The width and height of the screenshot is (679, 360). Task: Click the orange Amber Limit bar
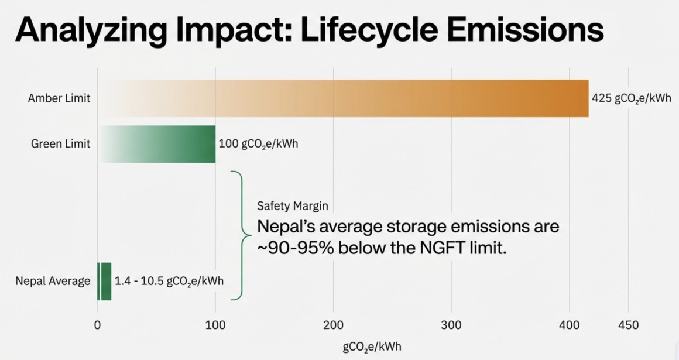coord(343,98)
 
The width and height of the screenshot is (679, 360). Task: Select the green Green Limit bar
coord(158,143)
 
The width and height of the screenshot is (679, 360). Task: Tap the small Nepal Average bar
coord(104,281)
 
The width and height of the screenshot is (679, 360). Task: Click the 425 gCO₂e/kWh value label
coord(632,98)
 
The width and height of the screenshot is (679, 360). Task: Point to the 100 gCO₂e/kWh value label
coord(258,143)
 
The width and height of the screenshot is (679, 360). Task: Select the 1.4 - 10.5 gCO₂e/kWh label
coord(169,281)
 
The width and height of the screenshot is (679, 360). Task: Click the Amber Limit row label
coord(59,98)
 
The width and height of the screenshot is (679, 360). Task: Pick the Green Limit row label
coord(61,143)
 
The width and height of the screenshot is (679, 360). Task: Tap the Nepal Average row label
coord(53,281)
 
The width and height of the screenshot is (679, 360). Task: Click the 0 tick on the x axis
coord(97,324)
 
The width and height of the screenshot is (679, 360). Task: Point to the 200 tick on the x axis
coord(333,324)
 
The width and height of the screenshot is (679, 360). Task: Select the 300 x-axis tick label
coord(451,324)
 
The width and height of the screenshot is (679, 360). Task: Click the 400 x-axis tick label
coord(569,324)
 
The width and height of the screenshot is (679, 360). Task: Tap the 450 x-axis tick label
coord(628,324)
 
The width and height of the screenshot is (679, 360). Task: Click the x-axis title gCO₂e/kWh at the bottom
coord(372,347)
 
